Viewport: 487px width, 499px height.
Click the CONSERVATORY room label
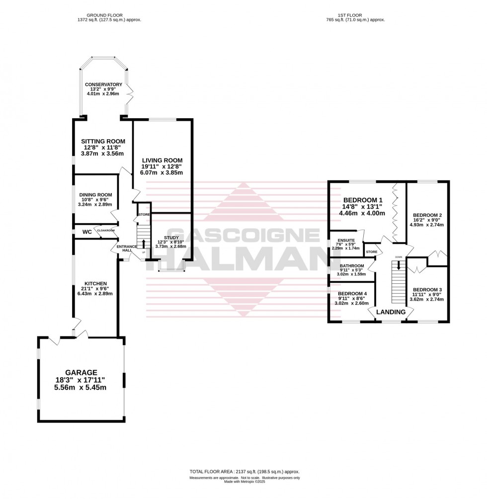[103, 84]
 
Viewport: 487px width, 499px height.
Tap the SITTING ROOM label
[103, 141]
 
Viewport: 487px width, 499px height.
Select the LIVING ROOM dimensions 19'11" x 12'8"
[162, 166]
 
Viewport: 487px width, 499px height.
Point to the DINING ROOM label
[95, 195]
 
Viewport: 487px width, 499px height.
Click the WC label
[87, 232]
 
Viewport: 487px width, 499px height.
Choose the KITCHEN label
[95, 283]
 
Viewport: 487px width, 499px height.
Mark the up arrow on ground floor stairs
[144, 243]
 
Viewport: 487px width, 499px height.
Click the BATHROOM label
[352, 266]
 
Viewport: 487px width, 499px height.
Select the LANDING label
[391, 312]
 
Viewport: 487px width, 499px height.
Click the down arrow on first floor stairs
[398, 267]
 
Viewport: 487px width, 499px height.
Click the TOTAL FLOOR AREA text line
[244, 472]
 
